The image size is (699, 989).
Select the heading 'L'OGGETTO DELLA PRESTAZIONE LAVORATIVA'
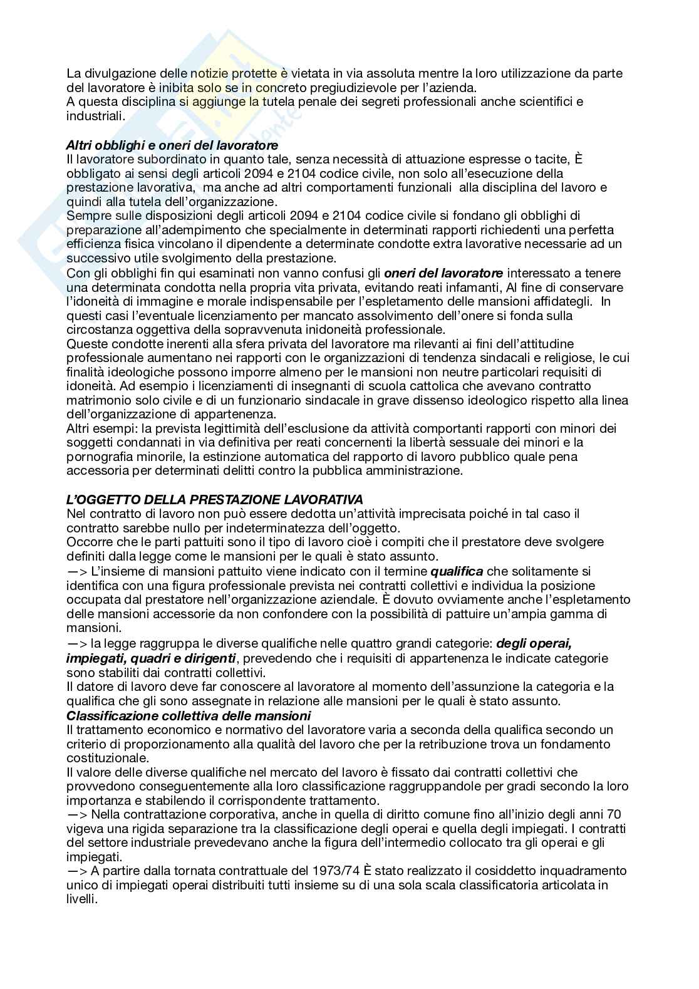tap(214, 499)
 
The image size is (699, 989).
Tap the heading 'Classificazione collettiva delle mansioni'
tap(189, 715)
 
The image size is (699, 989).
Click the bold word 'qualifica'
tap(457, 571)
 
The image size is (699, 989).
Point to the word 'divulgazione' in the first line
tap(116, 73)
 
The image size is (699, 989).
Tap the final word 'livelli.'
tap(81, 899)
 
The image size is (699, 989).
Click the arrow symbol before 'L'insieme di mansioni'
tap(78, 571)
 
